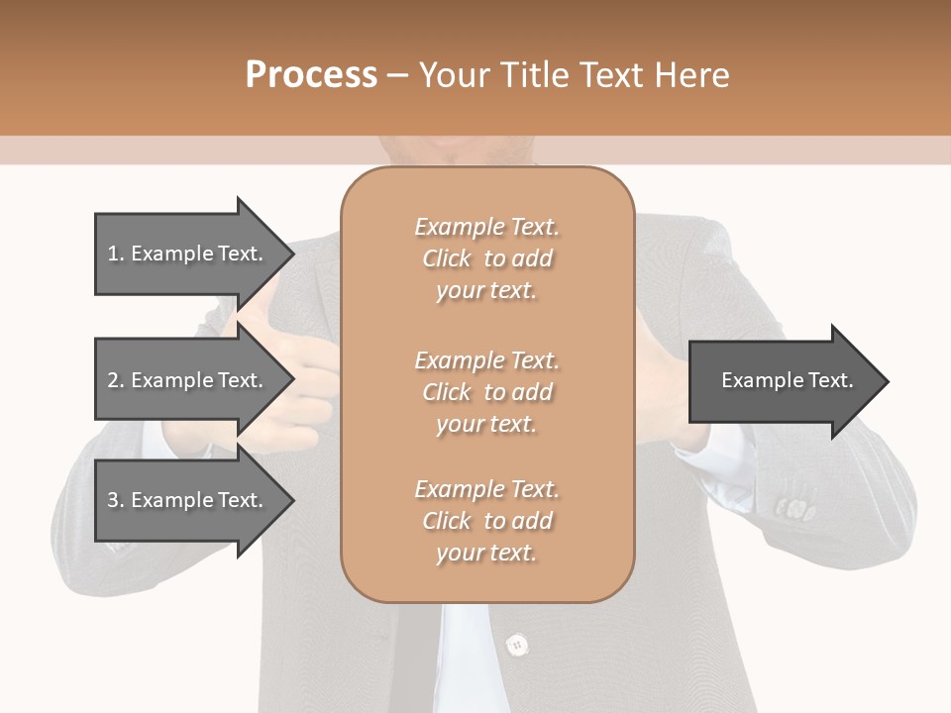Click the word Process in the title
click(x=311, y=75)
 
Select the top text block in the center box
click(x=486, y=258)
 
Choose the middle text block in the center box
click(x=486, y=391)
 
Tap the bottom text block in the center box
click(x=486, y=521)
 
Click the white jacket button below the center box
click(x=515, y=645)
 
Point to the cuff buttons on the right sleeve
click(x=792, y=509)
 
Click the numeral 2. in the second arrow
click(x=115, y=380)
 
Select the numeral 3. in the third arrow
click(x=115, y=500)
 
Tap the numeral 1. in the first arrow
click(x=115, y=254)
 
